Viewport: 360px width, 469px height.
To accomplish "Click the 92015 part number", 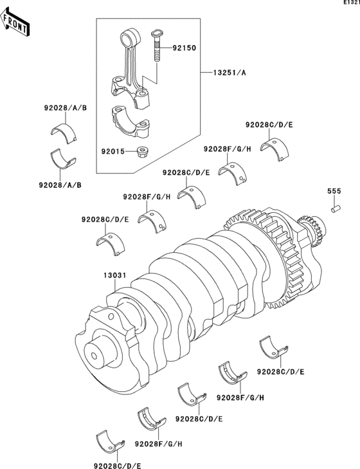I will click(x=114, y=152).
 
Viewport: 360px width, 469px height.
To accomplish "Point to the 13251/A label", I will click(x=228, y=72).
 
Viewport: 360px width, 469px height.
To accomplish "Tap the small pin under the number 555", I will click(x=335, y=209).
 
